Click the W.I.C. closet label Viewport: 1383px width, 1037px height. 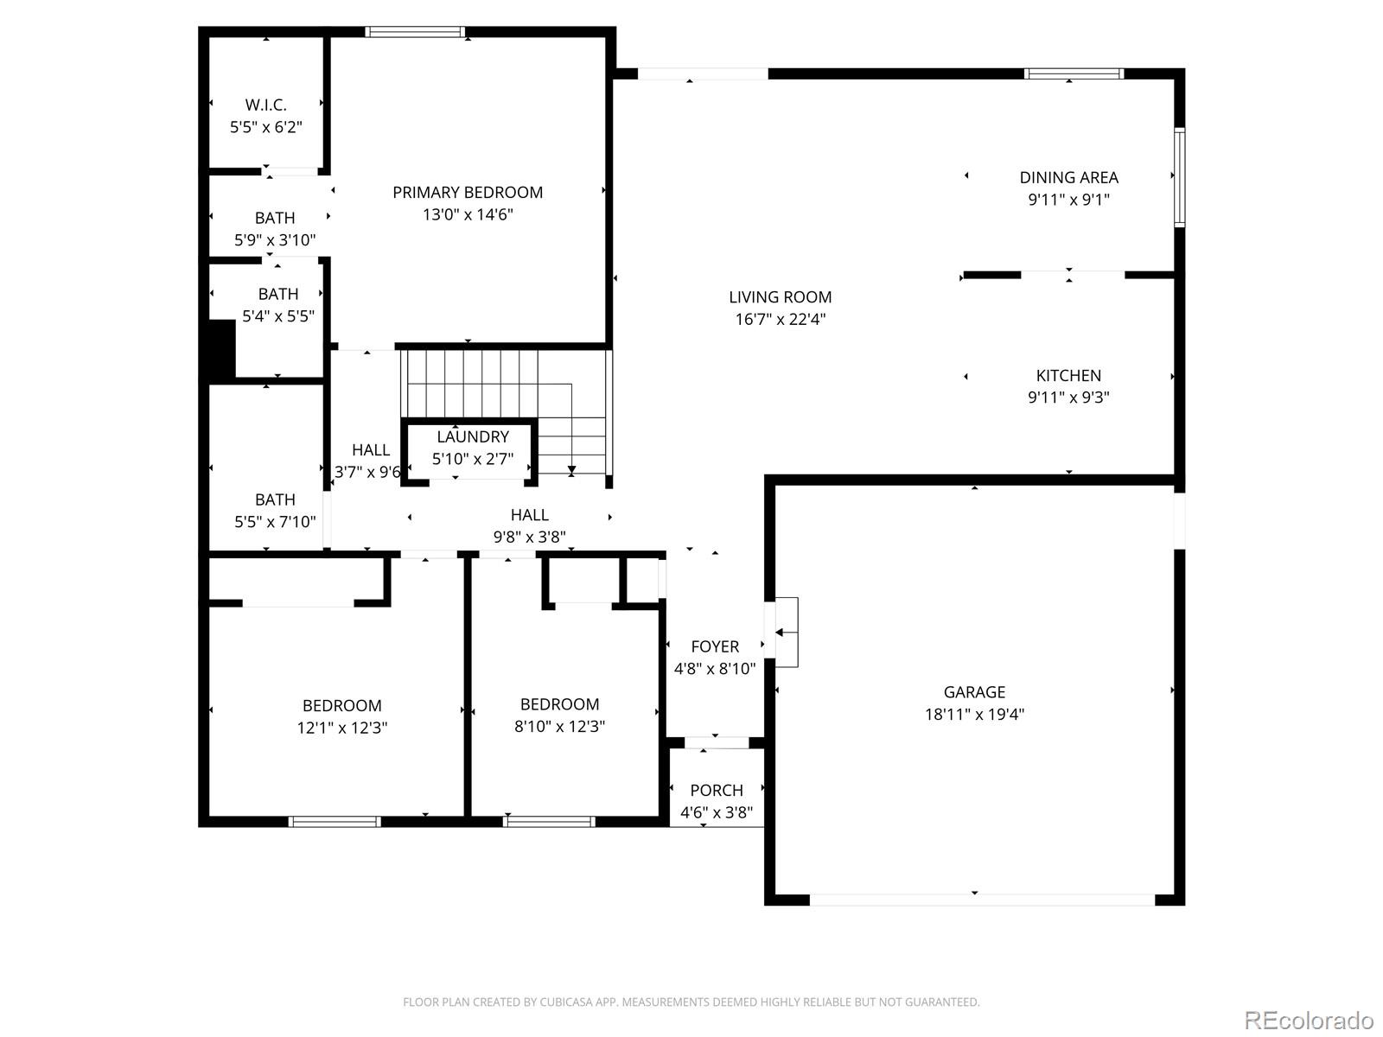266,105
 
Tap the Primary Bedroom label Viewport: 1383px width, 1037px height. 468,192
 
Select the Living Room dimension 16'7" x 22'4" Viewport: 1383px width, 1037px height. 780,319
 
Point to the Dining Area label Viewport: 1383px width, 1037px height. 1068,177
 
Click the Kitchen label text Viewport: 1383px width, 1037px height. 1068,375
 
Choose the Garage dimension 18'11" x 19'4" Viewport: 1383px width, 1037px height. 974,714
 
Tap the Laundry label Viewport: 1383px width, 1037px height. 473,436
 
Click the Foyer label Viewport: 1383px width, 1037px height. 715,646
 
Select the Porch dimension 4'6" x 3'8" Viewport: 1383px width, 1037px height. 717,812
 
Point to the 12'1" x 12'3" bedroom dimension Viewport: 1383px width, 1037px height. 342,728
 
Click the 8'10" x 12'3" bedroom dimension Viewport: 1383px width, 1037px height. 559,726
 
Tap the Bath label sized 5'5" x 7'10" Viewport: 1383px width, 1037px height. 276,499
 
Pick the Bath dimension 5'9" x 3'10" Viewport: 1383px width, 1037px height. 275,240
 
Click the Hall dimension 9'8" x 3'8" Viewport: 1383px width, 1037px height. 529,537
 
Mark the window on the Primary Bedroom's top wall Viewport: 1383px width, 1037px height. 415,31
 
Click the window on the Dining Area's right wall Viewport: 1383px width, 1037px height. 1179,177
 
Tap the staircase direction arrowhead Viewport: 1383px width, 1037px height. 570,469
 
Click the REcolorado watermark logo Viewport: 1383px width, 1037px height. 1309,1019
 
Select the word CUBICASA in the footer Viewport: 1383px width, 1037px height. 566,1002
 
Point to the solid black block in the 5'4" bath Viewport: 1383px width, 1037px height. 222,350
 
